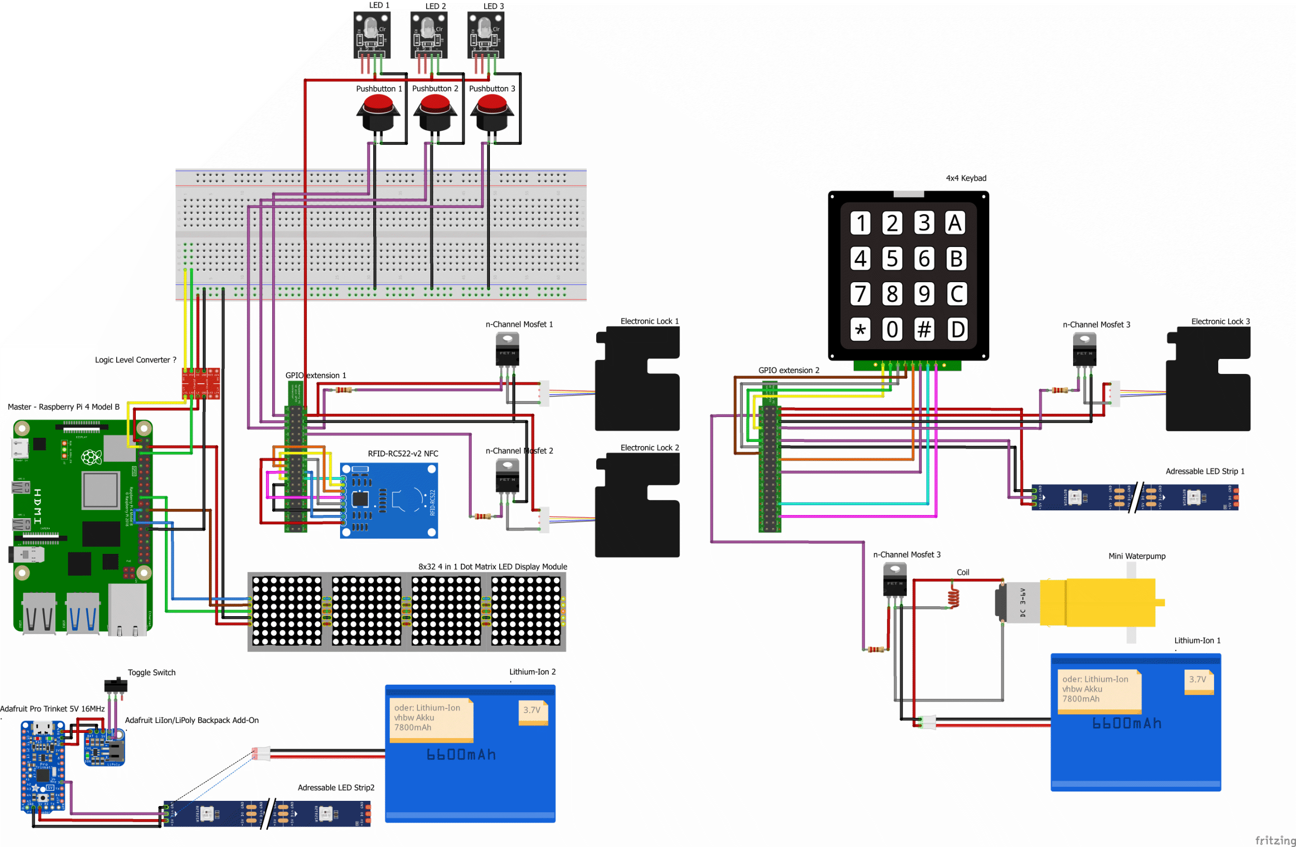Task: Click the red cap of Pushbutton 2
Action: pos(435,103)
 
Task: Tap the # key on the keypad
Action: pos(924,329)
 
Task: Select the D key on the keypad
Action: pos(956,329)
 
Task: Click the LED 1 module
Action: pos(372,35)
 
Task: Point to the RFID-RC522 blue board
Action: pos(389,500)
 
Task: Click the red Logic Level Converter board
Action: pos(201,383)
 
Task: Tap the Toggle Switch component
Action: pos(116,685)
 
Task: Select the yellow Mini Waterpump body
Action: pos(1097,602)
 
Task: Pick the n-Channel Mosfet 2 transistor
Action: pos(507,476)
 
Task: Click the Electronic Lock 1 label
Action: pos(649,322)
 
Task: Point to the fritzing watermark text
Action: pos(1275,840)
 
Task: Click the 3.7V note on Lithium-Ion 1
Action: pos(1198,680)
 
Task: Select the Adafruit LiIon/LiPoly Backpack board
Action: pos(104,748)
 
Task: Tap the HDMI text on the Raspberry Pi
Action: pos(37,506)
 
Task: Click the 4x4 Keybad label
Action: pos(965,178)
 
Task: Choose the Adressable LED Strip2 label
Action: pos(335,788)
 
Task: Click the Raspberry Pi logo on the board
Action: pos(91,457)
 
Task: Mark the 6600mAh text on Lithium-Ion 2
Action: pos(461,754)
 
